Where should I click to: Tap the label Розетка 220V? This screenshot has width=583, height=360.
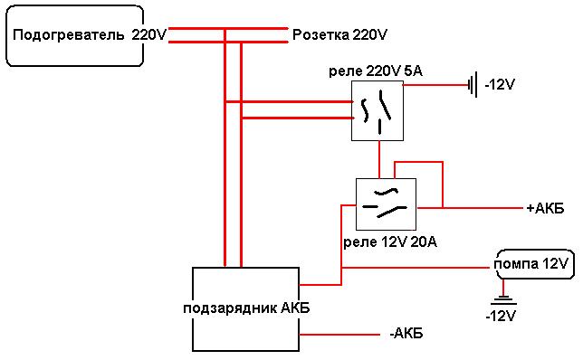(339, 35)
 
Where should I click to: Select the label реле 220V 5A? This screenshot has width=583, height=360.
(376, 71)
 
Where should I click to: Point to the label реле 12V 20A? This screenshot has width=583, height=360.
(389, 242)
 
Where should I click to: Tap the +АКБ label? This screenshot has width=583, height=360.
(546, 208)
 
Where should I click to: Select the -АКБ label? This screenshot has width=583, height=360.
(406, 333)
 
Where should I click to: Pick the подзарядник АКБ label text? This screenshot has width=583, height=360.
(246, 308)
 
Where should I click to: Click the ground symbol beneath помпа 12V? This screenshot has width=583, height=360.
(503, 299)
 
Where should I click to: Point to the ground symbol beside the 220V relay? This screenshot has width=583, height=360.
(473, 85)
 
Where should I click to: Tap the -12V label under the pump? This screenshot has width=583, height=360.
(501, 316)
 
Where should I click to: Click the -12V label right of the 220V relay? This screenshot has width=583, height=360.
(500, 85)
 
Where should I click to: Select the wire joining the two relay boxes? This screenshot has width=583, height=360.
(379, 160)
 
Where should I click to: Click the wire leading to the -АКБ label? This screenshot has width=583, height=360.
(339, 335)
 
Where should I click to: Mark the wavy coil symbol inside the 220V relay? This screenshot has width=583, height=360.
(365, 110)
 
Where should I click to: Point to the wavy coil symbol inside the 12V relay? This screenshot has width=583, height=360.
(387, 193)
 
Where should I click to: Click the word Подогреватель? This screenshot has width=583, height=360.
(69, 35)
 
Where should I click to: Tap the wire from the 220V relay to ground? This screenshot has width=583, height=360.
(435, 85)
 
